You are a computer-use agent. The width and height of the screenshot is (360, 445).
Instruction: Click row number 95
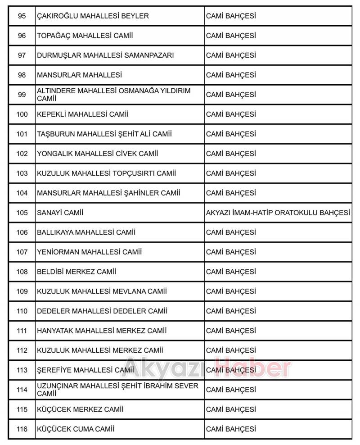click(x=22, y=16)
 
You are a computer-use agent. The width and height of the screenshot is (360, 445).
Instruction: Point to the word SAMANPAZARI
click(x=151, y=55)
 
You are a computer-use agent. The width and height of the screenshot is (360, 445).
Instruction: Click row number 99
click(x=22, y=95)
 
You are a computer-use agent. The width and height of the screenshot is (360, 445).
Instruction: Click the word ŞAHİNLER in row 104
click(x=135, y=193)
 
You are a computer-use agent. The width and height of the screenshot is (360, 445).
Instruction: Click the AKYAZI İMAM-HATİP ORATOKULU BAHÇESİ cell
click(x=278, y=213)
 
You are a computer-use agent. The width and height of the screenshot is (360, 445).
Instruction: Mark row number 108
click(x=22, y=272)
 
